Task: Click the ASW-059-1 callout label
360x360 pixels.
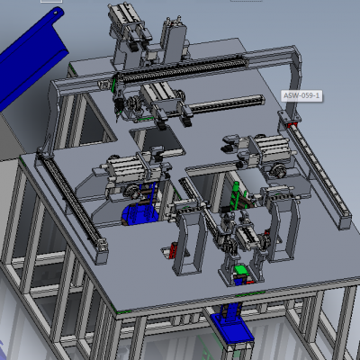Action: pos(301,96)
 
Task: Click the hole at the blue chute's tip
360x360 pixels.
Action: pos(56,12)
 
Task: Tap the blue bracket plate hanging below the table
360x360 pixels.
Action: pos(231,327)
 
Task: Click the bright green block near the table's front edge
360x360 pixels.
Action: pos(240,269)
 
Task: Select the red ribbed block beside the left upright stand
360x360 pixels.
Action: pos(172,251)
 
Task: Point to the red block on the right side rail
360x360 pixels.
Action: pos(292,125)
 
